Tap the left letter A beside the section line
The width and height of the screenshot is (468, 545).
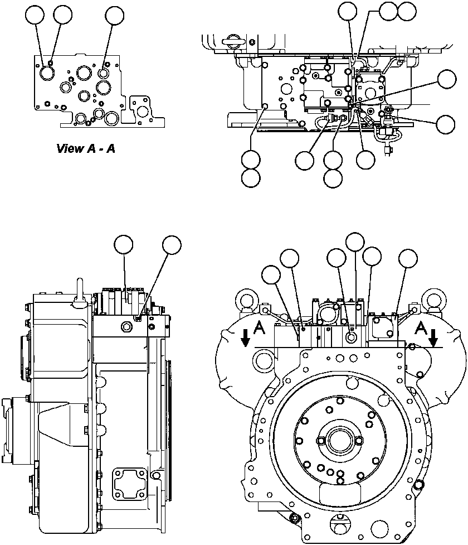coord(259,330)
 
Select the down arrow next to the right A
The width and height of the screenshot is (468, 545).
coord(433,336)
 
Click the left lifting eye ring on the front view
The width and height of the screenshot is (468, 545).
coord(248,300)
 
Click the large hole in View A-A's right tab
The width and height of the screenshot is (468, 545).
coord(143,112)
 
